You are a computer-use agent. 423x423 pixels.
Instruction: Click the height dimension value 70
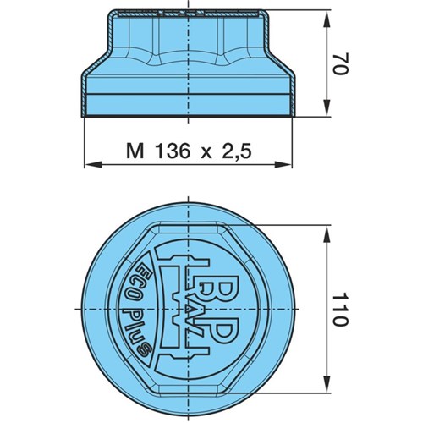click(341, 63)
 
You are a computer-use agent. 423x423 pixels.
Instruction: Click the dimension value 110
click(341, 310)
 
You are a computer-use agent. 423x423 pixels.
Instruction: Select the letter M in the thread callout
click(135, 151)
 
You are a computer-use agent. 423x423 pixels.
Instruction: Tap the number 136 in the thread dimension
click(173, 151)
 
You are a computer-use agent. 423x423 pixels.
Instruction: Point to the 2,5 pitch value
click(238, 151)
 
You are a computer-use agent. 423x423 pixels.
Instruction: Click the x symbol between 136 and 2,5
click(206, 153)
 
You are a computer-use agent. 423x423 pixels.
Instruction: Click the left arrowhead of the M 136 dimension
click(93, 164)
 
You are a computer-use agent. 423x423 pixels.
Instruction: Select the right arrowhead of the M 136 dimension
click(283, 164)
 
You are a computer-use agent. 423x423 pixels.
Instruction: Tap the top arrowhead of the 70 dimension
click(327, 19)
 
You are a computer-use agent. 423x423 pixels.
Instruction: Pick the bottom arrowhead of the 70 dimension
click(327, 107)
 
